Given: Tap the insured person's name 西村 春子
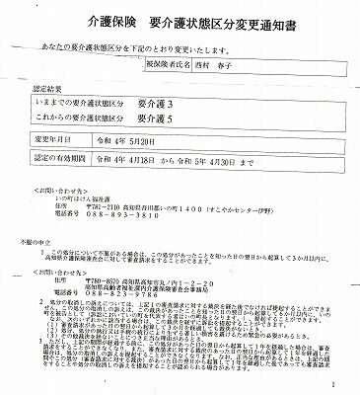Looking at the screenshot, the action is point(235,67).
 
